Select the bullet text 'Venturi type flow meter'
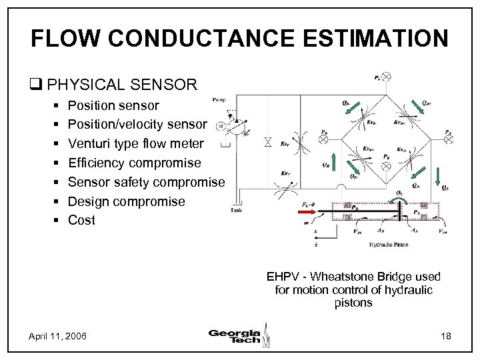click(x=136, y=143)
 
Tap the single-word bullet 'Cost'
click(x=82, y=220)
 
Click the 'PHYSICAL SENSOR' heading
click(x=122, y=85)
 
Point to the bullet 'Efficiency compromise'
click(x=134, y=163)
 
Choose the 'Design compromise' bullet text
click(x=127, y=201)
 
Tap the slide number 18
click(x=445, y=335)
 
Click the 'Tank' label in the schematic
click(x=237, y=209)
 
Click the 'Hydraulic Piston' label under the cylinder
click(x=388, y=245)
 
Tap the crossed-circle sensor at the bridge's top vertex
click(x=386, y=77)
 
